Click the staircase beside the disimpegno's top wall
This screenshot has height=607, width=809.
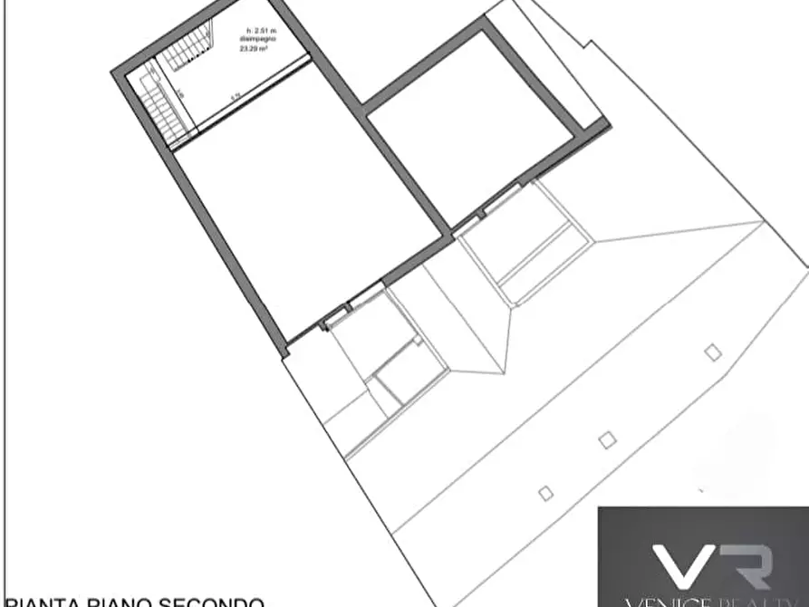(186, 50)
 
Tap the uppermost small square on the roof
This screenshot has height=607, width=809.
(713, 352)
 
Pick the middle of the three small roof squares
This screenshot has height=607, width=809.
(607, 440)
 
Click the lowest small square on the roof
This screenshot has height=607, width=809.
(545, 494)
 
